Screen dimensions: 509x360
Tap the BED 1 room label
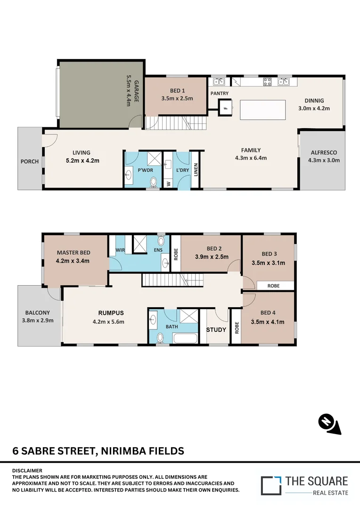[x=177, y=91]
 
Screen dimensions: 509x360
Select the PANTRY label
[x=220, y=94]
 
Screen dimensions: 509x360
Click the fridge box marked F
[x=226, y=107]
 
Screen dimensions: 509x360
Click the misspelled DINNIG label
[x=314, y=100]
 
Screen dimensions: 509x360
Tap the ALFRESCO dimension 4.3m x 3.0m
[x=324, y=160]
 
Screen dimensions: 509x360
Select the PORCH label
[x=29, y=162]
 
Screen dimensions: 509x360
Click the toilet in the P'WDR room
[x=153, y=181]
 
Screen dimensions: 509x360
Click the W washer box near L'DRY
[x=168, y=184]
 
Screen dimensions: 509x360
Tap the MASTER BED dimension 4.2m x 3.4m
[x=73, y=260]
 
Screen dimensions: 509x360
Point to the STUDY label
[x=216, y=329]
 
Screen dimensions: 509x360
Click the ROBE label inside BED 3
[x=273, y=286]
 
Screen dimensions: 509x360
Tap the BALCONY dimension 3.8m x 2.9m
[x=38, y=320]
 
